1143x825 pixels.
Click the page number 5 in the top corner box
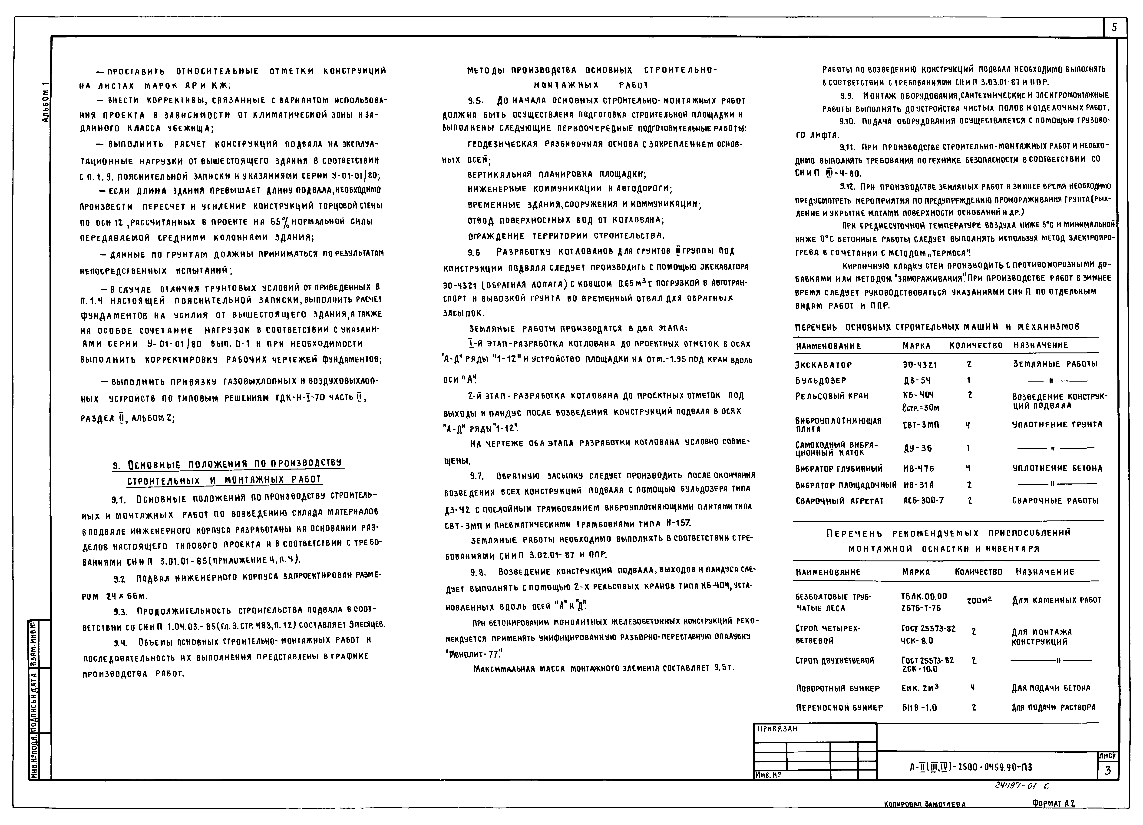pyautogui.click(x=1114, y=28)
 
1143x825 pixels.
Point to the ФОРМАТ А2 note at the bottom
pyautogui.click(x=1053, y=803)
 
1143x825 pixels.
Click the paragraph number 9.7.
pyautogui.click(x=477, y=476)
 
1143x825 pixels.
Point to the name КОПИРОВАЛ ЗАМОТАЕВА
pyautogui.click(x=925, y=804)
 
